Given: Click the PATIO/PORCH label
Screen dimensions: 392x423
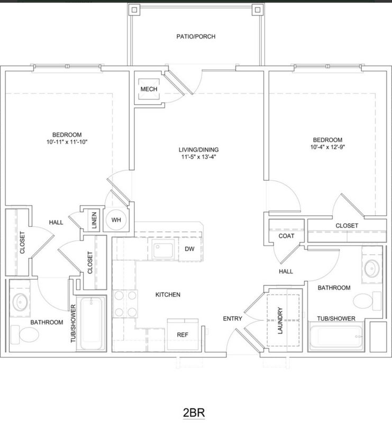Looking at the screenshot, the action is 196,36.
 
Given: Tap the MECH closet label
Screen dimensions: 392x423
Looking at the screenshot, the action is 149,89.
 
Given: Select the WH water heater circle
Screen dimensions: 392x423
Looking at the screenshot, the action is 116,220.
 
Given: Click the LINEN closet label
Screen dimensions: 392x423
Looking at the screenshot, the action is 94,220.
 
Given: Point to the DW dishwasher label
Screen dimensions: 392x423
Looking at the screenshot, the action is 189,249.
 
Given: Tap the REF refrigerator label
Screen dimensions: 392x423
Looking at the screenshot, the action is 183,335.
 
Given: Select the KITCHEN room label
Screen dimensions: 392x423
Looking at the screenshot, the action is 168,295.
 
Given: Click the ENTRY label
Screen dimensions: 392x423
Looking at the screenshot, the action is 232,319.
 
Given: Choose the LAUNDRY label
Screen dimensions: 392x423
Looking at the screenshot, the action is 280,320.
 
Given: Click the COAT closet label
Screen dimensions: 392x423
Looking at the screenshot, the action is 286,236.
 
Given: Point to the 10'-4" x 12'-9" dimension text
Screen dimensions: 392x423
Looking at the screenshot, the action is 328,147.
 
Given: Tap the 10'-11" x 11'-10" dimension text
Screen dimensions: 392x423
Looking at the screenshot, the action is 67,142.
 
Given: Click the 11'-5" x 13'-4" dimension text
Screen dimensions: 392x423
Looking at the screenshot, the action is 199,157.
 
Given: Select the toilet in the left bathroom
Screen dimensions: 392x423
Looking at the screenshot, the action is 25,335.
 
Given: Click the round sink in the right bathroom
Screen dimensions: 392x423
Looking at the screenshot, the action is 372,269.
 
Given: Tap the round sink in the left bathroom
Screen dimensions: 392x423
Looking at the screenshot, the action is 20,302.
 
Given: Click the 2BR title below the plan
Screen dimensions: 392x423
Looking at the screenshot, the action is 194,413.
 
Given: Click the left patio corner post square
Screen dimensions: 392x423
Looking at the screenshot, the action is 134,10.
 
